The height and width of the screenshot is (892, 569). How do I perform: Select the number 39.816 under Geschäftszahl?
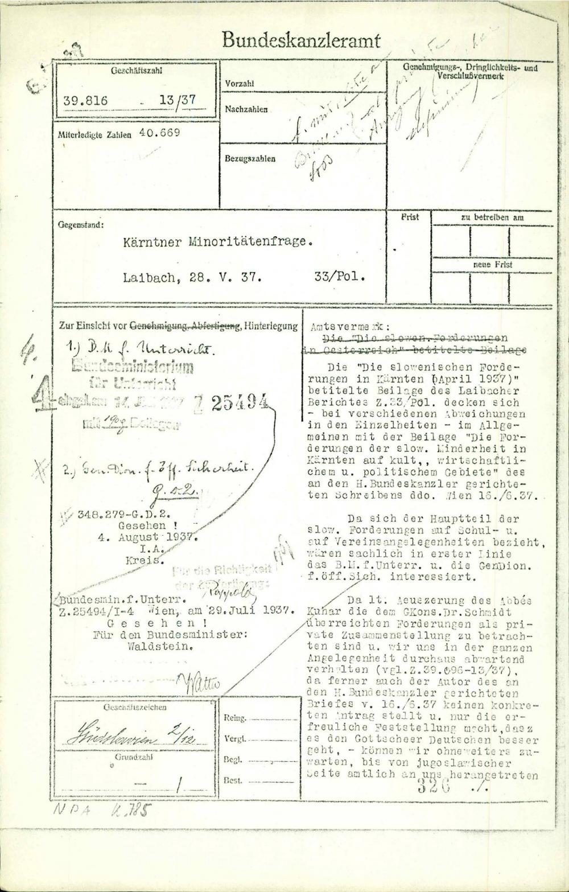coord(85,101)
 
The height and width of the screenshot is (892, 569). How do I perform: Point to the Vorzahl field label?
coord(240,84)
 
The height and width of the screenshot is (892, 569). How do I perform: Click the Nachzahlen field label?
coord(246,108)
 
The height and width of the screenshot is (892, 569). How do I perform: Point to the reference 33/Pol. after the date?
coord(339,278)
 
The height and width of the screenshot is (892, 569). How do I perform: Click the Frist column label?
coord(410,217)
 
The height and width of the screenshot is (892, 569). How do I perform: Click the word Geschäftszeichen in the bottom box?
coord(135,708)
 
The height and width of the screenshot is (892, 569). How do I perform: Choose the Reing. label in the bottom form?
coord(236,718)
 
